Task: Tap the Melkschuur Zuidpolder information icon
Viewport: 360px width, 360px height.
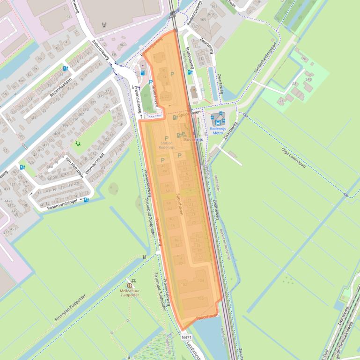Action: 130,286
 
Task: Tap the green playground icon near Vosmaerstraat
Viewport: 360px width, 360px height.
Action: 77,143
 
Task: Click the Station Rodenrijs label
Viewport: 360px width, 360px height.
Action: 166,145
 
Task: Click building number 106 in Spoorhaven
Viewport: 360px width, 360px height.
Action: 201,298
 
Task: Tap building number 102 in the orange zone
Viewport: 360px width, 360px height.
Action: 184,284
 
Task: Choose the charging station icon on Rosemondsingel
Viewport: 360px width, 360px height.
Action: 86,200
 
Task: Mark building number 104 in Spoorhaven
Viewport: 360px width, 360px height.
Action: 201,281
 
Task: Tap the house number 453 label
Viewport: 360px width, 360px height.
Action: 13,229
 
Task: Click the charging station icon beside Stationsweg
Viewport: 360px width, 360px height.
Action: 190,72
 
